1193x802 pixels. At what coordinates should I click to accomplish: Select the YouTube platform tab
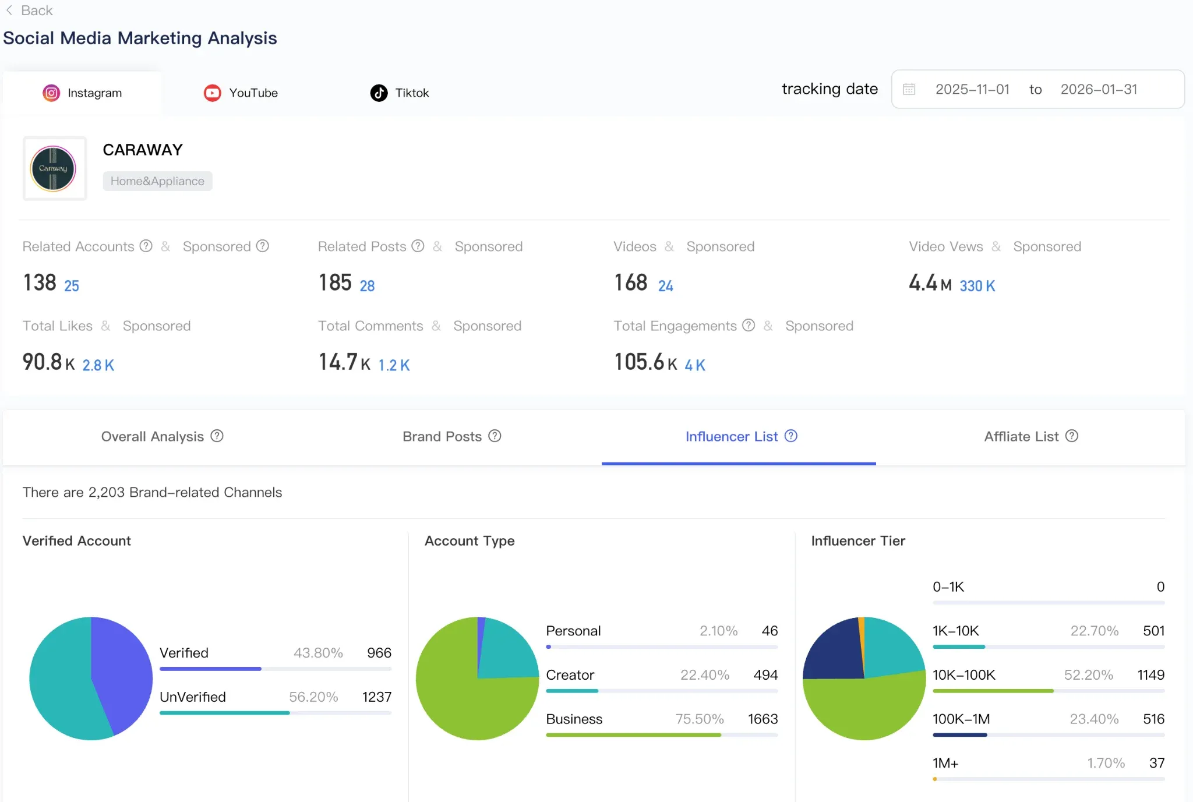pos(241,93)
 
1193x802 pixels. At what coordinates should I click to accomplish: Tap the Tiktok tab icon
pos(379,93)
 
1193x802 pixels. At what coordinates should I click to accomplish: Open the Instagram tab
pos(82,93)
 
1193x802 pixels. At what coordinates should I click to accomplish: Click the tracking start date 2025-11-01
pos(972,89)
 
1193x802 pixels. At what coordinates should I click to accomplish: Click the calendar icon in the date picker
pos(909,89)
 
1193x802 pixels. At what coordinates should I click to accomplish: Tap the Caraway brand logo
pos(53,168)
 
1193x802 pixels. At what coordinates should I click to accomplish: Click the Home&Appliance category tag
pos(157,181)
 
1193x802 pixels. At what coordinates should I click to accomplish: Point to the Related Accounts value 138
pos(40,282)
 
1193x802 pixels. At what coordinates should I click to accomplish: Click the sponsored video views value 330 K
pos(977,286)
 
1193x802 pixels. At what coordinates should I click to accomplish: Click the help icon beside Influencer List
pos(791,436)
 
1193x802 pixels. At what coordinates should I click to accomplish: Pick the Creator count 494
pos(765,675)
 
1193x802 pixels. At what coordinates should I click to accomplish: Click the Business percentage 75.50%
pos(700,719)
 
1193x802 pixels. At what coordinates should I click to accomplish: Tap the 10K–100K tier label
pos(964,675)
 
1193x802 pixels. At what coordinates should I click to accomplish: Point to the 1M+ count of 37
pos(1157,763)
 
